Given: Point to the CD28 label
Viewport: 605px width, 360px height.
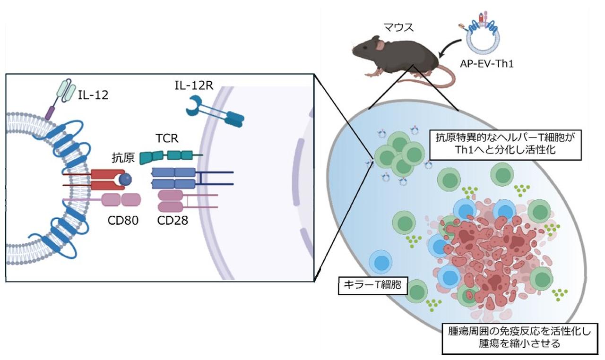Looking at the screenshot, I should (173, 220).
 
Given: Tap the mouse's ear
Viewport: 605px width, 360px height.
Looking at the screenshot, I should (380, 45).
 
